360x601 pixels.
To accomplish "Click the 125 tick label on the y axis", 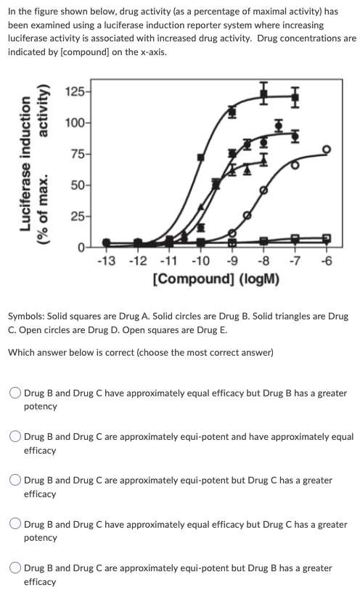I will click(x=73, y=91).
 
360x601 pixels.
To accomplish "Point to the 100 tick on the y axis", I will click(x=73, y=123).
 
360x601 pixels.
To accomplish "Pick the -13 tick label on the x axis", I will click(x=106, y=262).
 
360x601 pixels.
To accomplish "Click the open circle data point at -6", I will click(x=326, y=149).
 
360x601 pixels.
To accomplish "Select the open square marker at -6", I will click(x=326, y=238).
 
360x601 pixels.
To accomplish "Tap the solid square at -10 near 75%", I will click(x=200, y=157).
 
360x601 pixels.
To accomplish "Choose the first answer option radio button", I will click(x=15, y=393).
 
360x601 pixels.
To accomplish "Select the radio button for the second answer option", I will click(x=15, y=438).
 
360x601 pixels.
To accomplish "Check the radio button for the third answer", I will click(x=15, y=481).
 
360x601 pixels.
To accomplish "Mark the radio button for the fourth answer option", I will click(x=15, y=525).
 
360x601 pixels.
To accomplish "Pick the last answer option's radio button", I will click(x=15, y=568).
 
